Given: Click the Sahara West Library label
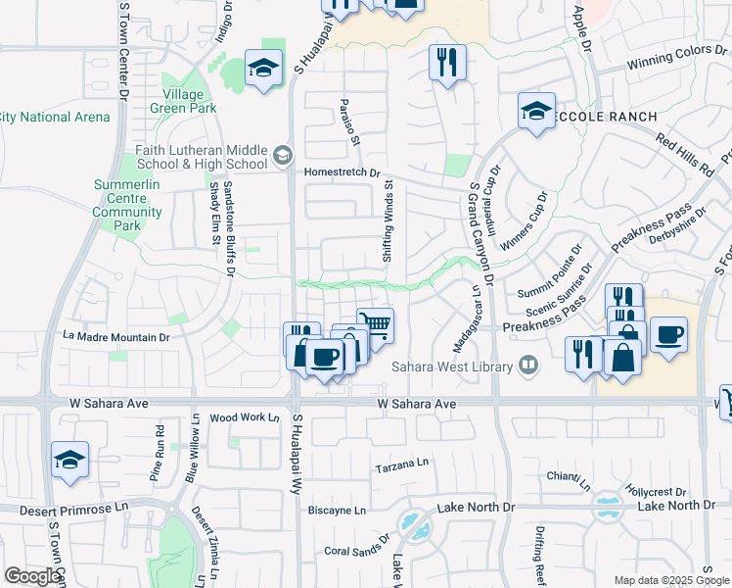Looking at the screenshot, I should (452, 367).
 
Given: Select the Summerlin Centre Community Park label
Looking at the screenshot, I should (128, 205).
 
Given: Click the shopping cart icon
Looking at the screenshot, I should (375, 323).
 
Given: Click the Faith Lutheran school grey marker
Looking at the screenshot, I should (283, 154).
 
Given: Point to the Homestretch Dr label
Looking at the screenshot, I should (343, 171).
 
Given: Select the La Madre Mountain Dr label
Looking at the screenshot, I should (116, 336).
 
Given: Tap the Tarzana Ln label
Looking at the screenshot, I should (403, 469).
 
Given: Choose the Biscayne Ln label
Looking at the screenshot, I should (337, 511).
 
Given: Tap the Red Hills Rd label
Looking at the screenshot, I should (685, 156).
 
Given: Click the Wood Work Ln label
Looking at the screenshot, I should (245, 417).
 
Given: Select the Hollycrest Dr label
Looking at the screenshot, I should (657, 493).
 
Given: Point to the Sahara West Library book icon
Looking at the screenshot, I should (528, 366).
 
